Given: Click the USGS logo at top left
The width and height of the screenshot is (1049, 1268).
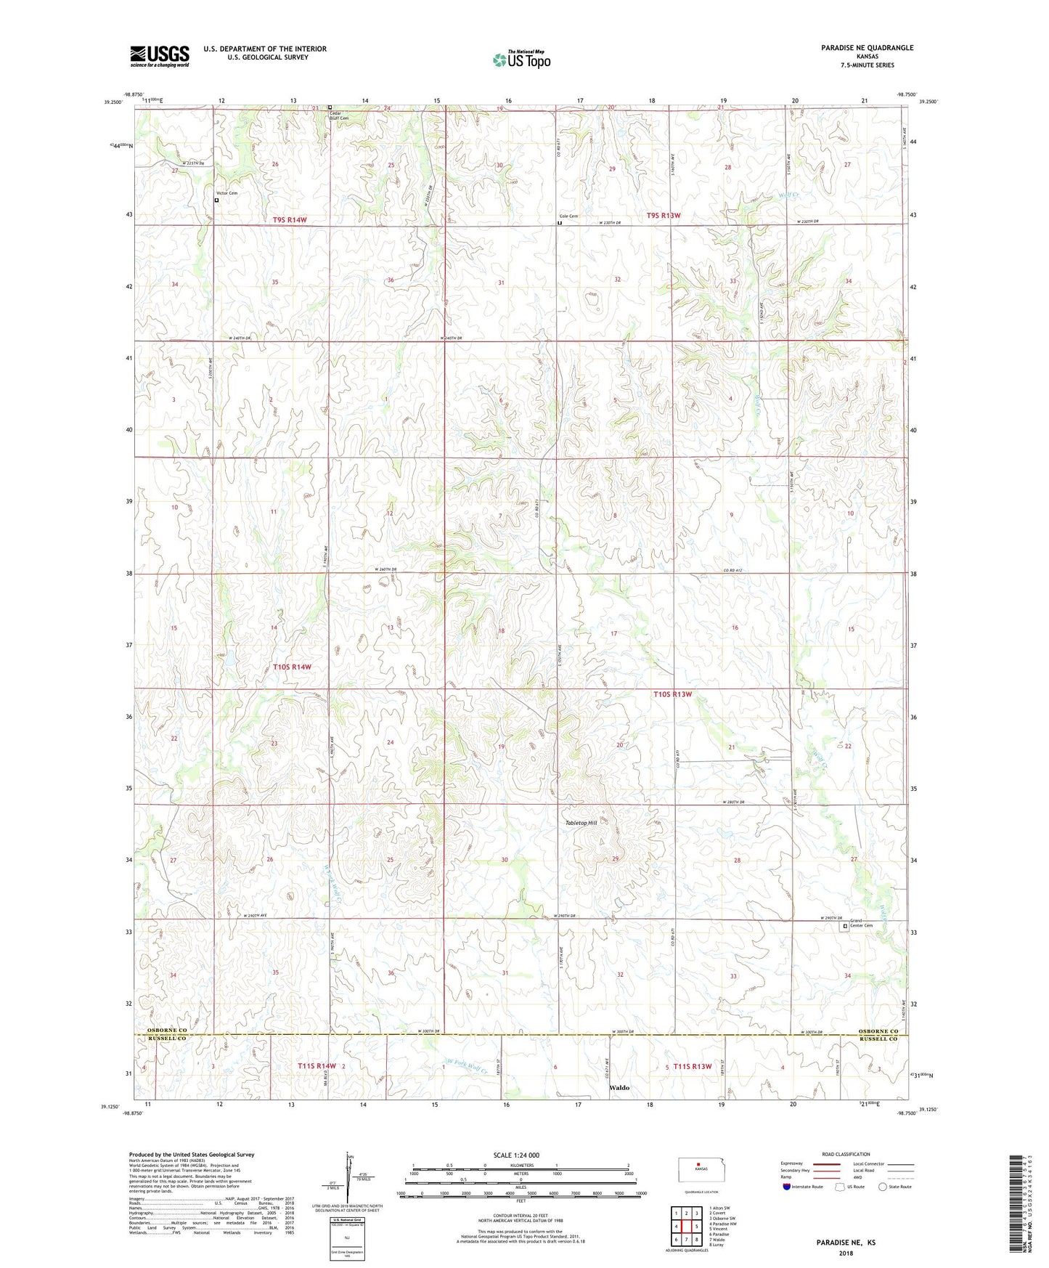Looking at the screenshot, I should (159, 56).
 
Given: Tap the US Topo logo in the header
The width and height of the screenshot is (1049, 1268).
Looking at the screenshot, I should (521, 60).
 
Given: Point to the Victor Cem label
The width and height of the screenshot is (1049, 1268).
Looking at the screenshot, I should (226, 193).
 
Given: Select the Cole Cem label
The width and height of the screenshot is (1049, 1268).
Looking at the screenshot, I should (568, 216).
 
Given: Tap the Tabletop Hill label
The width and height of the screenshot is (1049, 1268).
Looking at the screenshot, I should (581, 823).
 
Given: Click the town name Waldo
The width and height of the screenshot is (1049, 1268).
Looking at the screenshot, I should (619, 1088).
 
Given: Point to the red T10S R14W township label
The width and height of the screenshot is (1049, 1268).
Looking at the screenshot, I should (292, 667).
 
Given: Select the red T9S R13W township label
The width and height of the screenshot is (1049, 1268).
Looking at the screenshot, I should (664, 216).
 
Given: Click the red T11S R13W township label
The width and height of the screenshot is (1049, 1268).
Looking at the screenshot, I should (692, 1066).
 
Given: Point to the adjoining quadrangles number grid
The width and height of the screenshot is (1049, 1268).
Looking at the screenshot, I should (686, 1227).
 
